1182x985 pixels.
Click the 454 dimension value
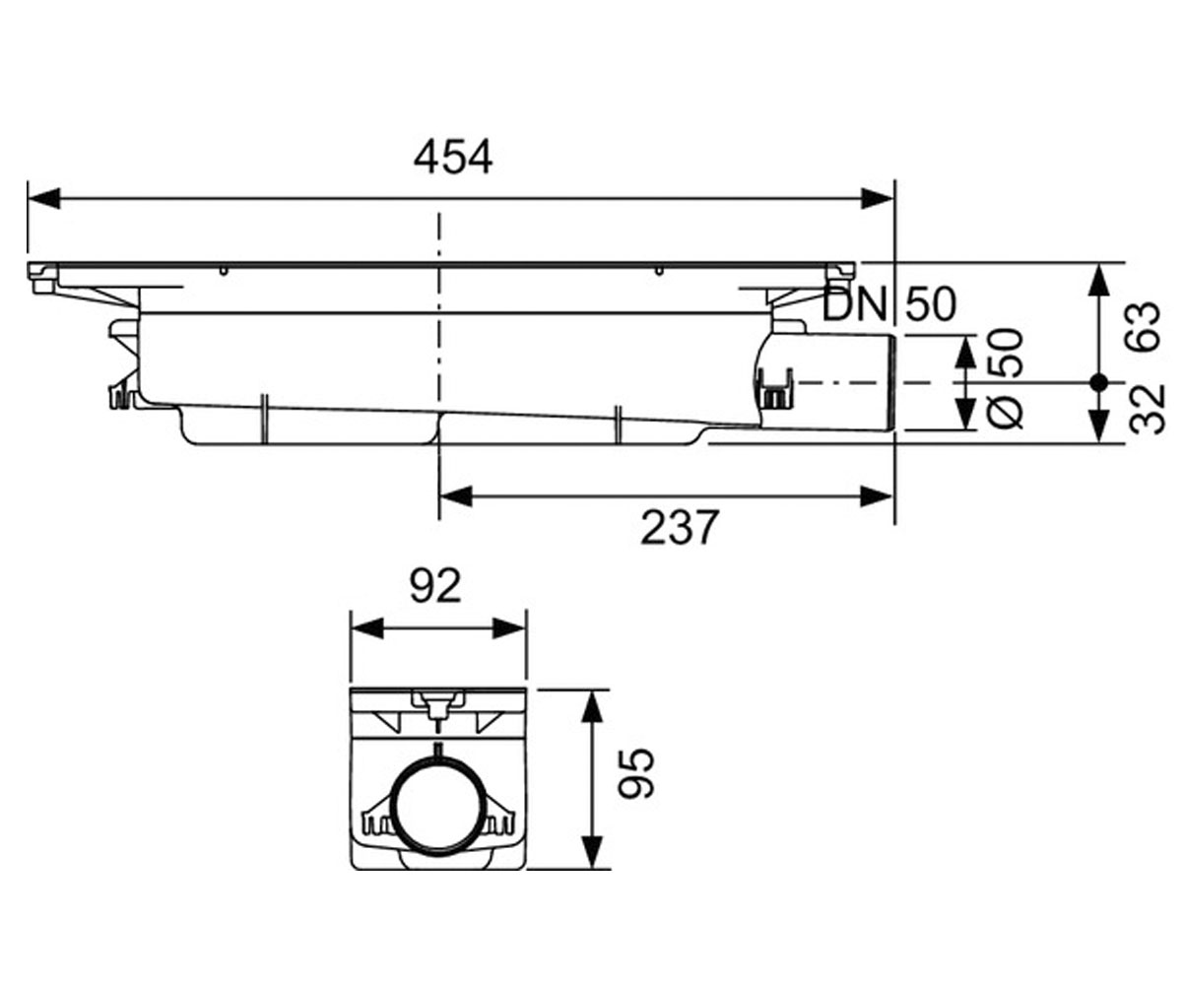tap(453, 159)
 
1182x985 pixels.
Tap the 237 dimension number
tap(680, 528)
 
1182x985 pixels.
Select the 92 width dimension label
tap(436, 586)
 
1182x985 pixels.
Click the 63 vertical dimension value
tap(1144, 328)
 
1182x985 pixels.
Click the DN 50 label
tap(888, 304)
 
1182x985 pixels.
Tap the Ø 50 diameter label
tap(1006, 378)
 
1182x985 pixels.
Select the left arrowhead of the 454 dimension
tap(43, 199)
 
